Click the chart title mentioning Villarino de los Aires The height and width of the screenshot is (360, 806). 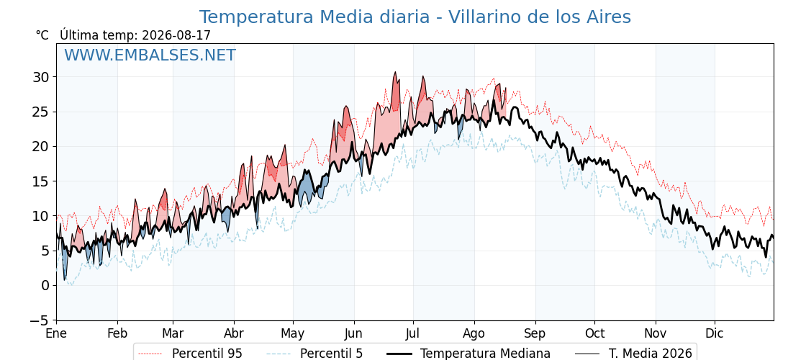click(x=415, y=17)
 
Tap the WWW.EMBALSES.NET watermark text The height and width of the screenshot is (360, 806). click(x=150, y=55)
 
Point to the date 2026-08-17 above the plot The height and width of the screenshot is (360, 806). click(x=176, y=35)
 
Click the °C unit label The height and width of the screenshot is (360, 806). click(x=42, y=35)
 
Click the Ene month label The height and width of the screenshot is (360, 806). click(x=56, y=334)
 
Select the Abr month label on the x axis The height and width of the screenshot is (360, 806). click(x=234, y=334)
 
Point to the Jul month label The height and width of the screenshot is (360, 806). click(x=414, y=334)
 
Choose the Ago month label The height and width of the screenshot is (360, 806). click(x=474, y=334)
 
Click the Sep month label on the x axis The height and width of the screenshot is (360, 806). click(x=535, y=334)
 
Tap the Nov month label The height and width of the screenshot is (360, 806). click(x=656, y=334)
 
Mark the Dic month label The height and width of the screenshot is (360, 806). click(x=715, y=334)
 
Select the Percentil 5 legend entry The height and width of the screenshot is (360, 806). click(x=314, y=354)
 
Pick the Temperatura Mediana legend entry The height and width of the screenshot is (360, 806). click(x=468, y=354)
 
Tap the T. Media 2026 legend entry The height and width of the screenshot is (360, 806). click(x=634, y=354)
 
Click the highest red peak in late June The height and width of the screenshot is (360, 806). click(x=395, y=72)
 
